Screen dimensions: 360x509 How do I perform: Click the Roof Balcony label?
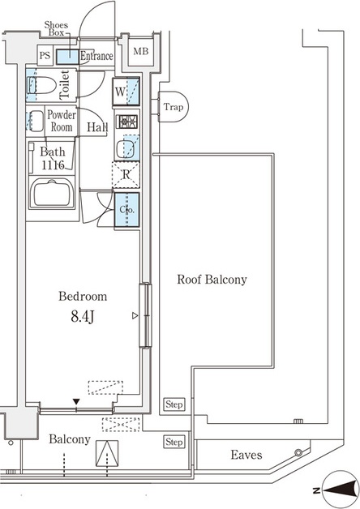(212, 280)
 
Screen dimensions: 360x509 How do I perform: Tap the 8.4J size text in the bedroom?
(83, 316)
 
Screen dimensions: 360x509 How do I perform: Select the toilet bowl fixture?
(41, 85)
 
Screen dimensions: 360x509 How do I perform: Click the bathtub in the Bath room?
(52, 193)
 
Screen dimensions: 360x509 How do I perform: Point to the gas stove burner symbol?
(127, 122)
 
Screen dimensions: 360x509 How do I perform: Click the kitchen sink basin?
(125, 148)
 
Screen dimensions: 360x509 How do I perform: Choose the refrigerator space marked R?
(126, 175)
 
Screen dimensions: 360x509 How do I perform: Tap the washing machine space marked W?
(126, 92)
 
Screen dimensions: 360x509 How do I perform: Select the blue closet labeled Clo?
(126, 209)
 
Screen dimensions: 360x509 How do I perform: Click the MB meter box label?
(140, 51)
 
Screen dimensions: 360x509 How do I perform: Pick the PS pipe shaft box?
(45, 55)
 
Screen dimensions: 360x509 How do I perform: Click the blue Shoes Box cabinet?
(68, 57)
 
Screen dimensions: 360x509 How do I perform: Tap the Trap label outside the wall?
(173, 107)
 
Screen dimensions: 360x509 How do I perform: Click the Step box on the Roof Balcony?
(174, 404)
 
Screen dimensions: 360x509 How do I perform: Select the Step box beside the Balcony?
(174, 442)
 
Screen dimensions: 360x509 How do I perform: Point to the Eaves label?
(246, 455)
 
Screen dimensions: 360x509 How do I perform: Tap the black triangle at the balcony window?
(76, 402)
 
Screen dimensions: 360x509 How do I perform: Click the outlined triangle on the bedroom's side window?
(135, 315)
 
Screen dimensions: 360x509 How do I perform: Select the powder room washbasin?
(35, 121)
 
